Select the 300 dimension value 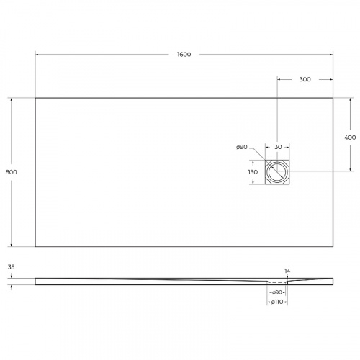[304, 79]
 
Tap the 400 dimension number [350, 137]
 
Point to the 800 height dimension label [11, 172]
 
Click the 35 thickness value [11, 267]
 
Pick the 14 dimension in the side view [287, 271]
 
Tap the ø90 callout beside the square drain [242, 148]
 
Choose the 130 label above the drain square [277, 148]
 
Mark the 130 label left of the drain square [253, 173]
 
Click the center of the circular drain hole [277, 173]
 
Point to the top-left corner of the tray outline [35, 98]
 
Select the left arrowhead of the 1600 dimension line [37, 55]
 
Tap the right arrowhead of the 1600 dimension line [332, 55]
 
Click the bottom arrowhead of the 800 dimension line [12, 246]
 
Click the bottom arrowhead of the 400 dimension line [350, 171]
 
